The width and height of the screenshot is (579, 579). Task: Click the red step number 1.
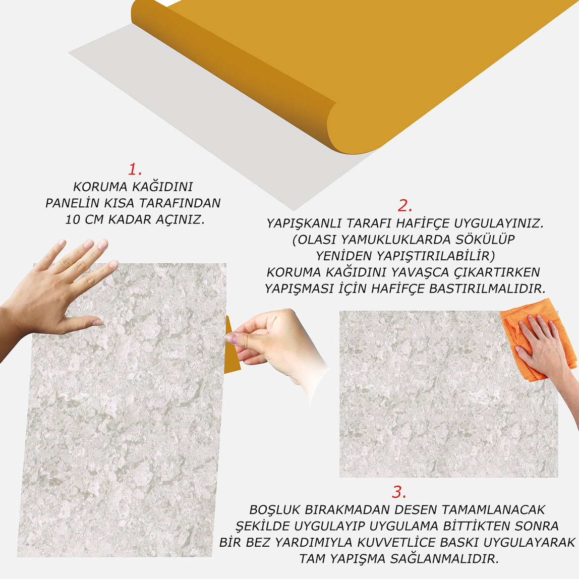pos(134,169)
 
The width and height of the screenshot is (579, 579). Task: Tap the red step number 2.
pos(405,206)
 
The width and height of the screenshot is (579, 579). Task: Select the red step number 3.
pos(399,492)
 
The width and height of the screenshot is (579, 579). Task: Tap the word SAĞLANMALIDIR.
pos(443,559)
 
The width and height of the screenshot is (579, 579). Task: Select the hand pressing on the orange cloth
pos(542,348)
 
